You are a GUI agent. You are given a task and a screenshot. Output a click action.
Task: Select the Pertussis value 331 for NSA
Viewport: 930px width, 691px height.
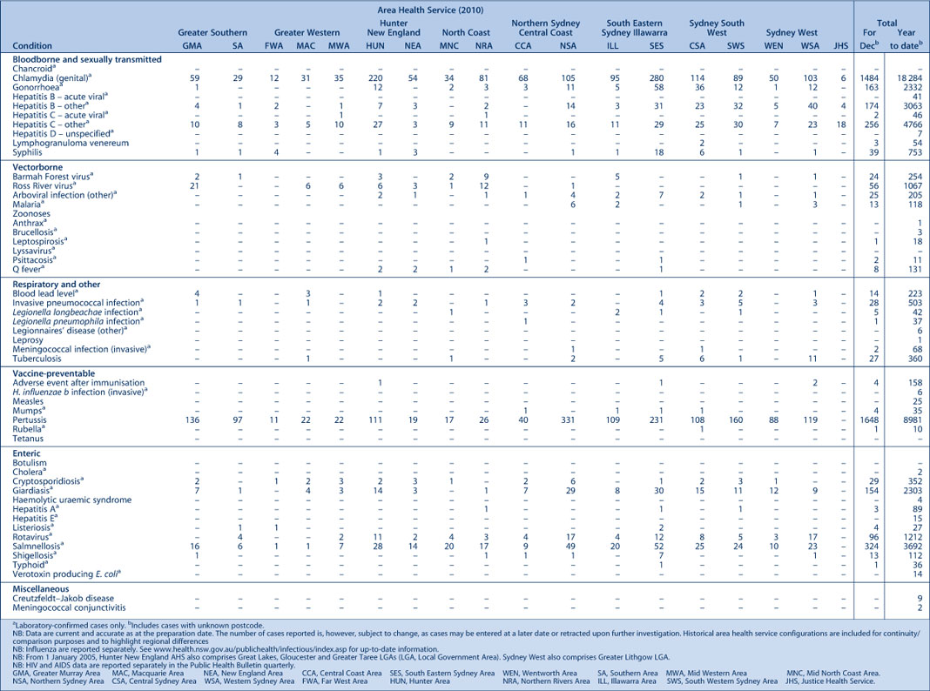pos(568,420)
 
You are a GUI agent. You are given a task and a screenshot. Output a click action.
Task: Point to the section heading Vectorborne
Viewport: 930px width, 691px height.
pos(37,168)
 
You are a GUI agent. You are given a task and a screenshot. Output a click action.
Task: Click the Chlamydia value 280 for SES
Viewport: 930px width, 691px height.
pos(657,78)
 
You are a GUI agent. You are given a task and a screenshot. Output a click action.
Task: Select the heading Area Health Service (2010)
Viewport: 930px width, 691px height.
pos(430,10)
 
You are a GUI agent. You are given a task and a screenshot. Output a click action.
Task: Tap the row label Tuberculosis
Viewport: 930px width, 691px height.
pos(37,359)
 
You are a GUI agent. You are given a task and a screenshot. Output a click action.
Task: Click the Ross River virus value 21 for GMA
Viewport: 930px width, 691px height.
pos(194,186)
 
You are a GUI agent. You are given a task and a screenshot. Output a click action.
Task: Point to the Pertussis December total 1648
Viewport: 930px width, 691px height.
pos(870,420)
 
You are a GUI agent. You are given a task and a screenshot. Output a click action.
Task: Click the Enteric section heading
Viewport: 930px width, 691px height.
pos(26,453)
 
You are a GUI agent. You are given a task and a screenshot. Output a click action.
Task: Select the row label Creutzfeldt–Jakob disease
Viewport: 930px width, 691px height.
pos(64,599)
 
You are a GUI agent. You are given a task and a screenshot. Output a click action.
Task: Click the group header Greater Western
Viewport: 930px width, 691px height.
pos(307,32)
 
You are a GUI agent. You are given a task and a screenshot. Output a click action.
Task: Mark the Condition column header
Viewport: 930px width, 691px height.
pos(32,45)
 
